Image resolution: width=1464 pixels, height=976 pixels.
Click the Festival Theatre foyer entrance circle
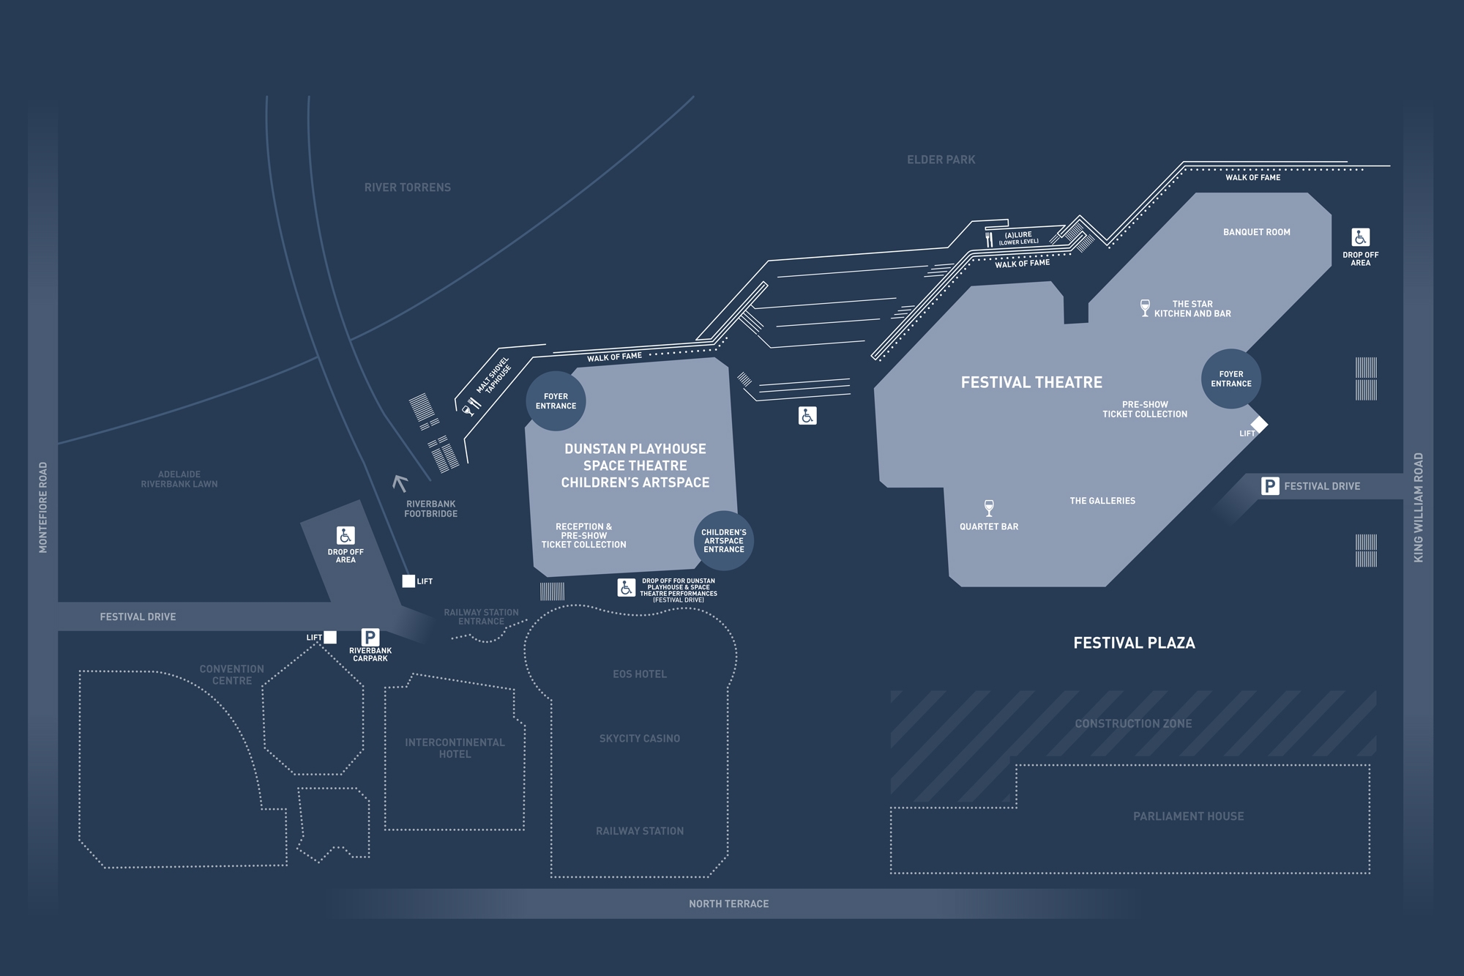point(1230,379)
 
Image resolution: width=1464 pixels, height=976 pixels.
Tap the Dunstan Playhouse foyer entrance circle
point(556,401)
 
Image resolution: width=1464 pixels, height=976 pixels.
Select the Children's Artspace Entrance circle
point(723,540)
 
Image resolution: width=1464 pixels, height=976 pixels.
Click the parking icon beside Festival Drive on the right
point(1270,486)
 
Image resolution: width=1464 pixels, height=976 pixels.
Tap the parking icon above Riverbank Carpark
point(370,637)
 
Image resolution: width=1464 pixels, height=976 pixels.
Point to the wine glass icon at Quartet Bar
point(989,508)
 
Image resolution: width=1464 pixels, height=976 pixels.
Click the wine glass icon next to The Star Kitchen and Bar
point(1145,308)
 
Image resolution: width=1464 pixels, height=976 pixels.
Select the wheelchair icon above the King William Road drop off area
point(1360,237)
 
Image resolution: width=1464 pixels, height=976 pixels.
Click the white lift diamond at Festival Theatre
point(1259,424)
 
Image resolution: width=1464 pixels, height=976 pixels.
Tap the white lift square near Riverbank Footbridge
point(408,581)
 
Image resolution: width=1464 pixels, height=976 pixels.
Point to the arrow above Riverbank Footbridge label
point(400,483)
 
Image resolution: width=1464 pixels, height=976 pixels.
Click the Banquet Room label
point(1256,232)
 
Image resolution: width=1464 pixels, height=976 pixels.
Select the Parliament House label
point(1188,816)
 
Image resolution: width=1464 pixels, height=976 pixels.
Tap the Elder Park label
point(941,160)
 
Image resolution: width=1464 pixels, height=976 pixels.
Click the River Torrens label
point(408,187)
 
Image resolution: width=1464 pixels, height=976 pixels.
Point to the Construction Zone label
point(1133,723)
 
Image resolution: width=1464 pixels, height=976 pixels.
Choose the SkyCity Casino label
point(640,738)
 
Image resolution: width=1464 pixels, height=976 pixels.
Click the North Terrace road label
point(728,904)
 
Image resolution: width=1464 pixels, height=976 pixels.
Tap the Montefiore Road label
point(43,507)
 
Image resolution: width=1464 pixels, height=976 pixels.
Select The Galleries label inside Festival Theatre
point(1102,501)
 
